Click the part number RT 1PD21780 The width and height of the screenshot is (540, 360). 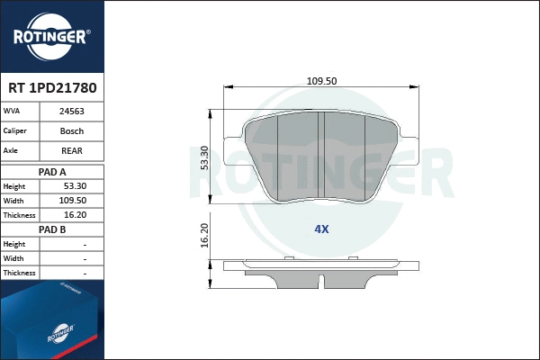tap(51, 88)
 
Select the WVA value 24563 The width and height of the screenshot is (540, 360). tap(72, 112)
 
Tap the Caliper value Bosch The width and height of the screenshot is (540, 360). tap(72, 131)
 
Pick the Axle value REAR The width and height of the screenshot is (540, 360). tap(72, 151)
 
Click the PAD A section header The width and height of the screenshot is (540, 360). tap(51, 171)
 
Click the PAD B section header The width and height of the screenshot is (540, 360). tap(51, 229)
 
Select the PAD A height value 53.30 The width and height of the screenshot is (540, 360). tap(72, 186)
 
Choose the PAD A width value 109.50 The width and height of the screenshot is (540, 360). tap(72, 201)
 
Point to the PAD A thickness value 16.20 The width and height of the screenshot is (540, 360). tap(72, 215)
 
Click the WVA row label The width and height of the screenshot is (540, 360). tap(13, 112)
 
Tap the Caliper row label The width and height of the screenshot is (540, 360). tap(15, 131)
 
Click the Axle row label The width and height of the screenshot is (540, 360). tap(13, 151)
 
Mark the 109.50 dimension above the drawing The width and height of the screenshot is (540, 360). tap(320, 80)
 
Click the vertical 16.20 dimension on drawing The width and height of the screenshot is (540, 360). tap(204, 235)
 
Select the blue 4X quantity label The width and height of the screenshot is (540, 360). tap(321, 229)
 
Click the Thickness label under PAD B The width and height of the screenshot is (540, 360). tap(19, 273)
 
